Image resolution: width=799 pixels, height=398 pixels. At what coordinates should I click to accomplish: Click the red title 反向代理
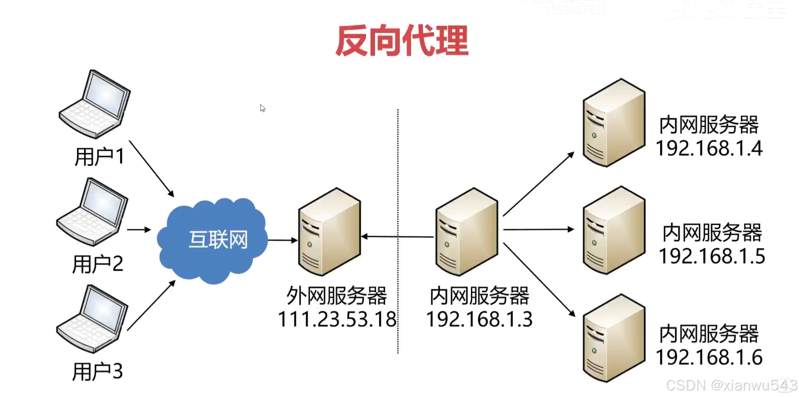pos(402,41)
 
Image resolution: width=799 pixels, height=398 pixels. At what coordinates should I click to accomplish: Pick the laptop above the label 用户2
pos(93,212)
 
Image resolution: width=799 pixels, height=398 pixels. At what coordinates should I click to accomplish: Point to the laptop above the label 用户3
pos(93,319)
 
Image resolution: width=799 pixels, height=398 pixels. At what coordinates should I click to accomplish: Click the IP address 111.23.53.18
pos(337,320)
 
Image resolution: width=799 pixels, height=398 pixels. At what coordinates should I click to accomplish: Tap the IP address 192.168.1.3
pos(479,320)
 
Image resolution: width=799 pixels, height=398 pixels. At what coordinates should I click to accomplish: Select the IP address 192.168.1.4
pos(709,148)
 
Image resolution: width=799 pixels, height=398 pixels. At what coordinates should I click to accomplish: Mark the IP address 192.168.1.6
pos(709,357)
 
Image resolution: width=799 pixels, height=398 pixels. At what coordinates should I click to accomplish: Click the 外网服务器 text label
pos(337,296)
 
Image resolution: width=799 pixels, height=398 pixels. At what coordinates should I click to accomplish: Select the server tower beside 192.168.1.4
pos(614,122)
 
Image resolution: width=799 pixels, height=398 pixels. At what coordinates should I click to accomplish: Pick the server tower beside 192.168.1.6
pos(614,338)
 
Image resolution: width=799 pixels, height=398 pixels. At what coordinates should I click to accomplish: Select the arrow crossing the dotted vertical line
pos(397,237)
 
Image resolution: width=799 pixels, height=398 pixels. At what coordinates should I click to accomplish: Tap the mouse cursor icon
pos(262,108)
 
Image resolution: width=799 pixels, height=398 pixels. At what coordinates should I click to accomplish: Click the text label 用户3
pos(98,371)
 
